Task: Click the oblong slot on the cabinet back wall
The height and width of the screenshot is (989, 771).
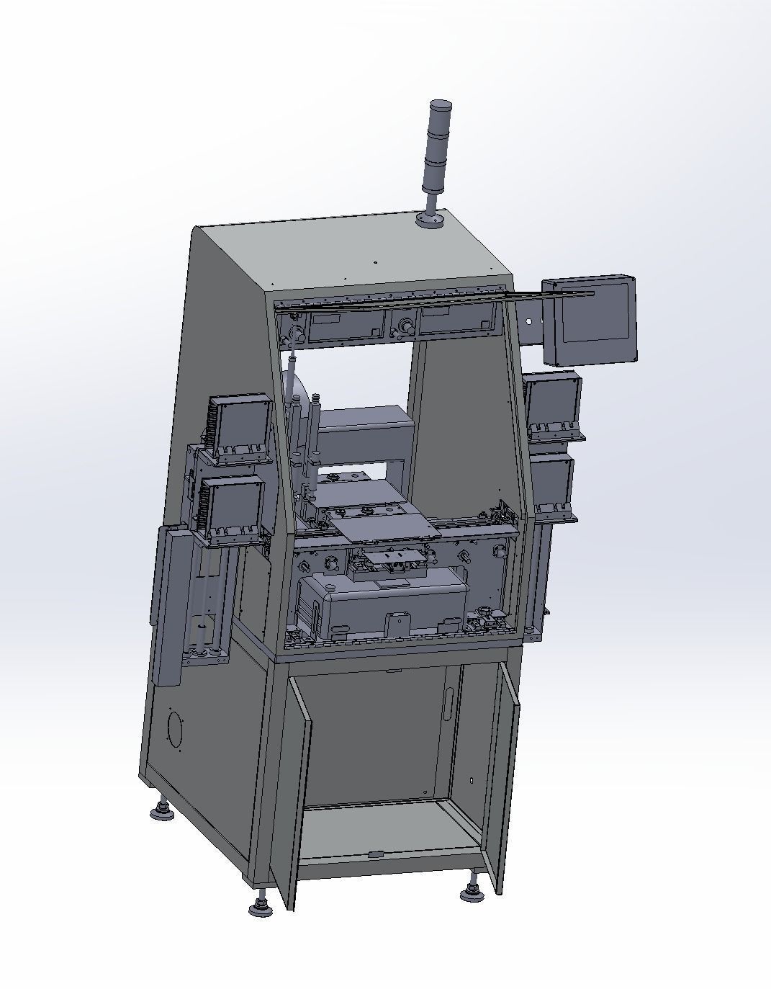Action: coord(449,702)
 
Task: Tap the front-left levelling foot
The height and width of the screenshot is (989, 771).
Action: coord(261,906)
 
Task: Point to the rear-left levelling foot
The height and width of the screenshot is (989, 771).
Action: coord(163,812)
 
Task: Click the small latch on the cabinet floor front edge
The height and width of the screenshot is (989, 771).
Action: coord(376,854)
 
